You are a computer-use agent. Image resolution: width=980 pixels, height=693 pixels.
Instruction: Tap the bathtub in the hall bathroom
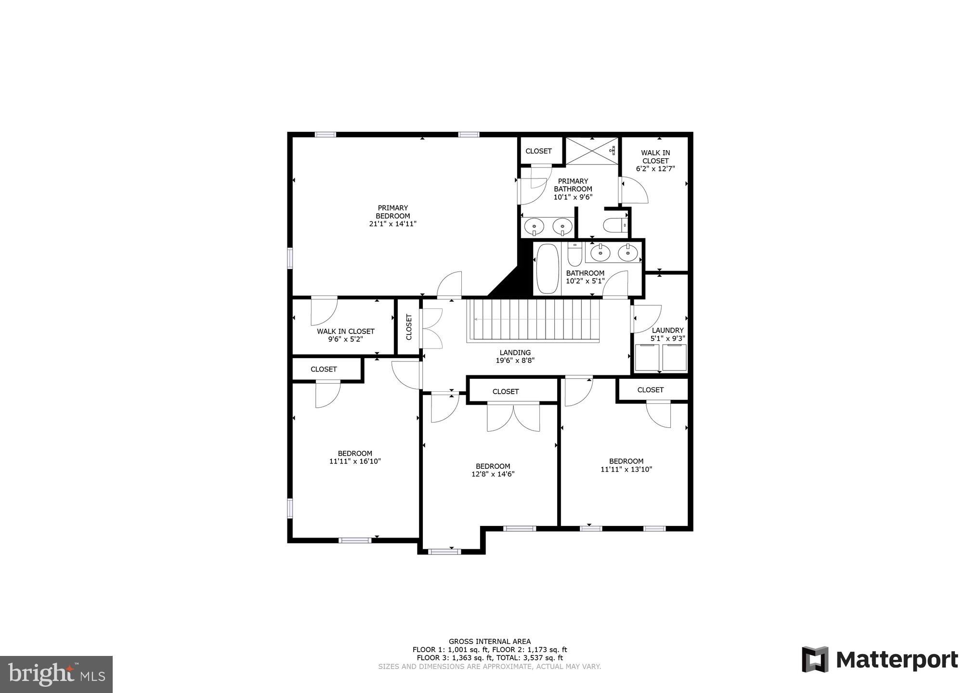click(547, 269)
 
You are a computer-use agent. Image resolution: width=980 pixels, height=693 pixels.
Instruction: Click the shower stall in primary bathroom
click(591, 151)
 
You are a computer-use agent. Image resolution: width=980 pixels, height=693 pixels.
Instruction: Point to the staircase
click(534, 320)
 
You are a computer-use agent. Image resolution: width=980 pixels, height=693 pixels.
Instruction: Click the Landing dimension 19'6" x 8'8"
click(515, 360)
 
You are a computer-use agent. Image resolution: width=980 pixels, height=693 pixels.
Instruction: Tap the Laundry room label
click(667, 330)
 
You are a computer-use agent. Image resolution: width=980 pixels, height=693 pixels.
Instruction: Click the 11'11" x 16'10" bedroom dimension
click(355, 461)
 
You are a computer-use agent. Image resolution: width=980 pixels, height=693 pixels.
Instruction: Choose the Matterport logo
click(880, 659)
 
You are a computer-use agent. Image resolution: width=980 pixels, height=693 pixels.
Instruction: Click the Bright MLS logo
click(56, 674)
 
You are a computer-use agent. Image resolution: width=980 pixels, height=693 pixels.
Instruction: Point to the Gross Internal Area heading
click(489, 641)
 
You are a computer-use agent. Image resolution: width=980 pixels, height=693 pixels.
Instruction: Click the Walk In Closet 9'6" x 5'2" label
click(345, 335)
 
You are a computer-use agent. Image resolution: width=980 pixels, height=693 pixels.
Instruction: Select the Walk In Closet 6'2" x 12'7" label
click(655, 161)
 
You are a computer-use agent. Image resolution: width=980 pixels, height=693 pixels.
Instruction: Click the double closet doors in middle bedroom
click(513, 417)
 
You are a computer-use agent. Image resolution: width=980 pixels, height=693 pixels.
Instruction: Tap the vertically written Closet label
click(409, 327)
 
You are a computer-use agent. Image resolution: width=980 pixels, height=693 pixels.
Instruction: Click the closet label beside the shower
click(538, 151)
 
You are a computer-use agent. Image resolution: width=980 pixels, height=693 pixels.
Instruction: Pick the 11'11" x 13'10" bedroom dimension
click(626, 469)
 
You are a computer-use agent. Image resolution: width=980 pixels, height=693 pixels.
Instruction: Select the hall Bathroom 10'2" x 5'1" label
click(585, 277)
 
